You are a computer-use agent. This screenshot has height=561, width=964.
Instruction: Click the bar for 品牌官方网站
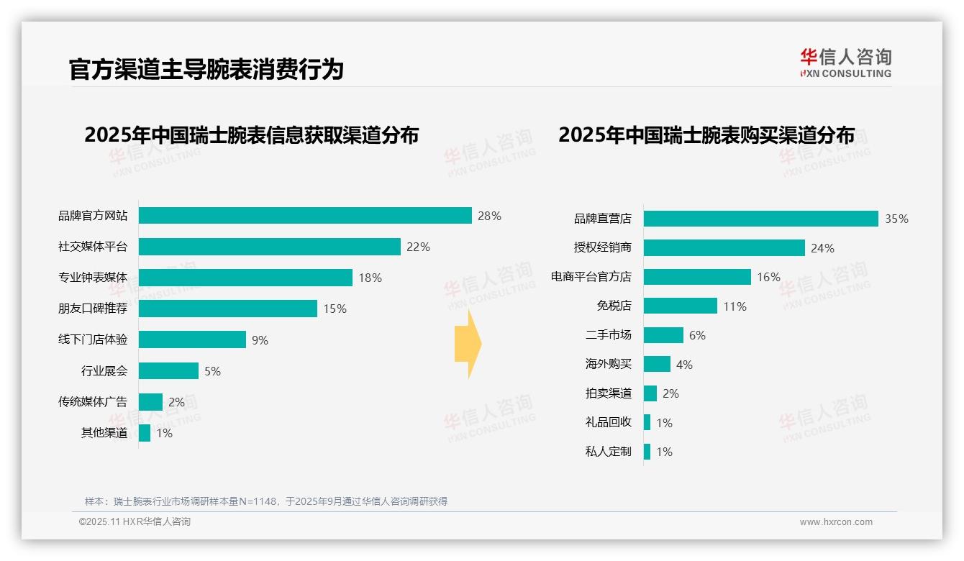(305, 216)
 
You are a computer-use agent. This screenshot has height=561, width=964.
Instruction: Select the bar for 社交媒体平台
(269, 247)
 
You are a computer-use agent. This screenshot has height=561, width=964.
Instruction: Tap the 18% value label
(370, 278)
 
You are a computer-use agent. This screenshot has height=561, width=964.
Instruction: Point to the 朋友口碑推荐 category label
(93, 309)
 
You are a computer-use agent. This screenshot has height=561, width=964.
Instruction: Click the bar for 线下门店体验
(192, 339)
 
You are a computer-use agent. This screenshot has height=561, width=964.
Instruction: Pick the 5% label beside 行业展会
(212, 371)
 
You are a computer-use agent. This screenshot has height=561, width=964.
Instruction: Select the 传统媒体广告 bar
(150, 402)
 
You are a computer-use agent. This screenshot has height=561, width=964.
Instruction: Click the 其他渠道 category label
(104, 433)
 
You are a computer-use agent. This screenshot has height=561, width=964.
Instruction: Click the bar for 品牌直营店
(760, 219)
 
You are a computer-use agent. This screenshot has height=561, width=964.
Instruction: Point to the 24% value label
(822, 248)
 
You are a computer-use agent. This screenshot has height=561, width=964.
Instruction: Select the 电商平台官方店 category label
(591, 277)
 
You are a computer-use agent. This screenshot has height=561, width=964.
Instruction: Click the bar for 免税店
(680, 306)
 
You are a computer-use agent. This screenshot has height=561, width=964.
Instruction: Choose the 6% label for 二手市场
(697, 335)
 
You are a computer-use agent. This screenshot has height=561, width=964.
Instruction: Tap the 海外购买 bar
(657, 365)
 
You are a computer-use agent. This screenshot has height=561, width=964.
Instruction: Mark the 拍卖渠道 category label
(608, 393)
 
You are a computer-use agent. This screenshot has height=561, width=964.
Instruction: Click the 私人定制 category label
(608, 452)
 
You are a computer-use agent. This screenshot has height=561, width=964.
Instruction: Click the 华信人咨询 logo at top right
(845, 63)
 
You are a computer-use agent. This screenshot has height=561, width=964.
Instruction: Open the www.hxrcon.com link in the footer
(836, 522)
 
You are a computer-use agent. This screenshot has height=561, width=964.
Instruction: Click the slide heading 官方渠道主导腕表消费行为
(206, 69)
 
